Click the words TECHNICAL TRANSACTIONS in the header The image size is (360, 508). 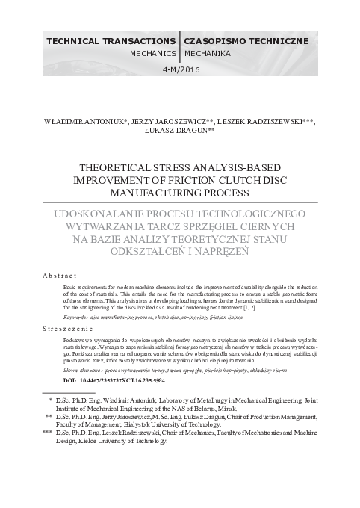tap(111, 38)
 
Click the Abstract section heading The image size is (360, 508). tap(58, 276)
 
